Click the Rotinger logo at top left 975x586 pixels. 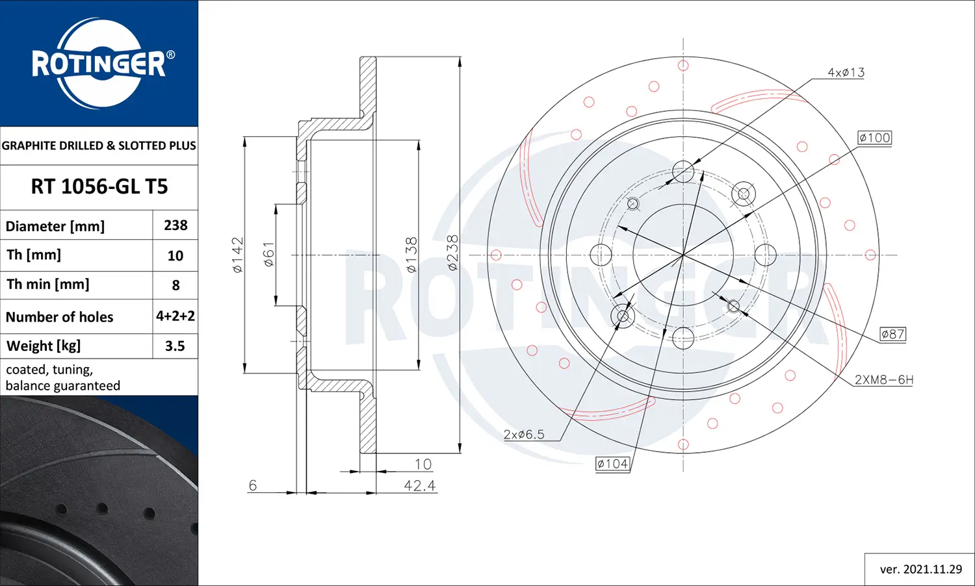[99, 63]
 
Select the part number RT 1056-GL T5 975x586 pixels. [99, 187]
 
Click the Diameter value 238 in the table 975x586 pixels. [175, 225]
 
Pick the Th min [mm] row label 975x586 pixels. [48, 285]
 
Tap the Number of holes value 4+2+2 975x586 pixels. [175, 316]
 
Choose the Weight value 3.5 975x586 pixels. [175, 346]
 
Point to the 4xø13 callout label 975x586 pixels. [846, 73]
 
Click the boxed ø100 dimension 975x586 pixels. [874, 138]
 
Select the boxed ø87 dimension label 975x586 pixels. [892, 334]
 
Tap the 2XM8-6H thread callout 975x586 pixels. [883, 380]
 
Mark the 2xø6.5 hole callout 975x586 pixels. [524, 435]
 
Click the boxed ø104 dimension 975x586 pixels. [612, 464]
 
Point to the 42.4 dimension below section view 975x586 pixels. [419, 486]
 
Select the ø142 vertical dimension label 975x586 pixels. [238, 255]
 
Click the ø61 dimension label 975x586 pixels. [268, 255]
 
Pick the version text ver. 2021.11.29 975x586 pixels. [920, 569]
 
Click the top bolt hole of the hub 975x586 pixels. [683, 172]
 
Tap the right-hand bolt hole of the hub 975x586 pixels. [766, 255]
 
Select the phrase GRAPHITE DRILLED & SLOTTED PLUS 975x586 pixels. [99, 146]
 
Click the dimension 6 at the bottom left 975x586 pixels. [253, 485]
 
